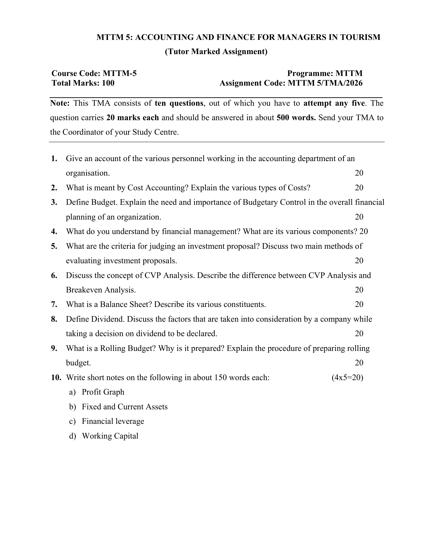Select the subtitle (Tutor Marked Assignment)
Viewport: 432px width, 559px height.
pyautogui.click(x=216, y=52)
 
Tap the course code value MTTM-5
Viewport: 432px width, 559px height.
pyautogui.click(x=119, y=73)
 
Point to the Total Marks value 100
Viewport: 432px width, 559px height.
pyautogui.click(x=108, y=83)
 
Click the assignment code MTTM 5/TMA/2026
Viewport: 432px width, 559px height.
pyautogui.click(x=325, y=83)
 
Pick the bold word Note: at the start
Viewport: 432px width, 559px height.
pyautogui.click(x=60, y=103)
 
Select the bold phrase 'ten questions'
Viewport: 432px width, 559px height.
pyautogui.click(x=179, y=103)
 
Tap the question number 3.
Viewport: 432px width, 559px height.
pyautogui.click(x=54, y=202)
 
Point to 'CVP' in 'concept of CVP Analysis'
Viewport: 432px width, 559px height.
pyautogui.click(x=152, y=275)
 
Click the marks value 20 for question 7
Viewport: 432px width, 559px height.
pyautogui.click(x=359, y=304)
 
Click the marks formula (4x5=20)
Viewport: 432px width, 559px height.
pyautogui.click(x=347, y=378)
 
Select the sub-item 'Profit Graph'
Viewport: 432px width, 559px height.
pyautogui.click(x=103, y=392)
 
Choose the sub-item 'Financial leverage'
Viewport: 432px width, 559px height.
pyautogui.click(x=113, y=421)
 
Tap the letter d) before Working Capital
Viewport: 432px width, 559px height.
pyautogui.click(x=72, y=436)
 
